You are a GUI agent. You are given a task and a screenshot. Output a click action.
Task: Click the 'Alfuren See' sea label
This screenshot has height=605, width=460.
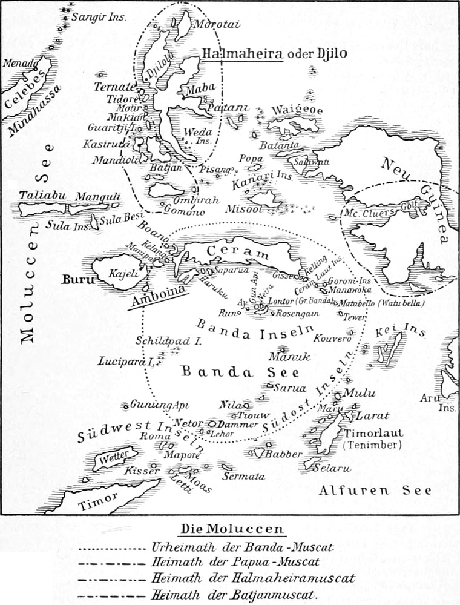point(375,490)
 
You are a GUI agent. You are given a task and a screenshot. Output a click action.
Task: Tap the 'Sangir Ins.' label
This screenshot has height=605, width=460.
point(99,18)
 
